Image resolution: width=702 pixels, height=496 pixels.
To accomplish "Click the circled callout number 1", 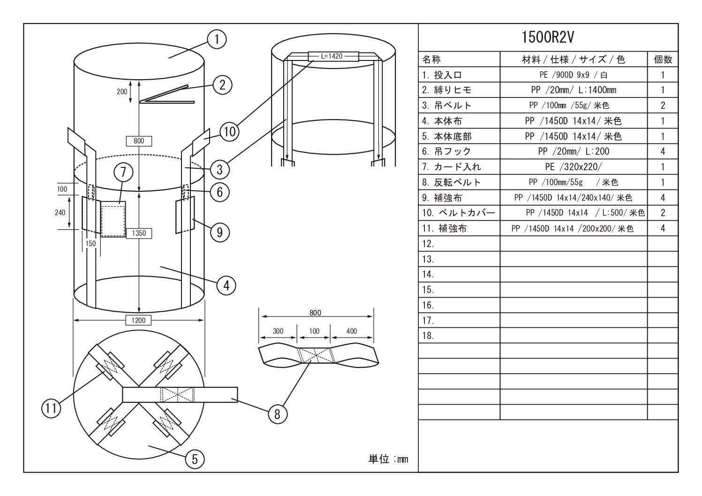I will click(217, 40).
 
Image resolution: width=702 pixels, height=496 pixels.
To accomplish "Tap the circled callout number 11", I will click(51, 408).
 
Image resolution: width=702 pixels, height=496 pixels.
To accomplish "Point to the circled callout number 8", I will click(278, 414).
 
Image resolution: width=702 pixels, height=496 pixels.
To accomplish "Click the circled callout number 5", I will click(195, 459).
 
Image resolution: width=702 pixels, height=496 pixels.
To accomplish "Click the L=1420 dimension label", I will click(332, 56).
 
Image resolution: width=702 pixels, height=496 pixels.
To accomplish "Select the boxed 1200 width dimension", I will click(139, 321).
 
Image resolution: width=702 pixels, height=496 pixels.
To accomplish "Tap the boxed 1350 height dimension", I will click(139, 233).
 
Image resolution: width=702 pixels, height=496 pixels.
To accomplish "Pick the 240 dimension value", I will click(60, 212).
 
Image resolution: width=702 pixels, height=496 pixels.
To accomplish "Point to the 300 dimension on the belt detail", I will click(278, 331).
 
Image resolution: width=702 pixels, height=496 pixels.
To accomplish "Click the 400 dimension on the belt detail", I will click(352, 331).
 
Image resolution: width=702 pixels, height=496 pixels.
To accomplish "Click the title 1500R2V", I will click(548, 37).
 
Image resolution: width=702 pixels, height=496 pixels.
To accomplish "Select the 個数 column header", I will click(663, 60).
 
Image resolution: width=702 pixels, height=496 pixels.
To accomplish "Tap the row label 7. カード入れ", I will click(445, 167).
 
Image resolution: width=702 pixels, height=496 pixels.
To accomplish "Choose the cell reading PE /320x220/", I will click(574, 167).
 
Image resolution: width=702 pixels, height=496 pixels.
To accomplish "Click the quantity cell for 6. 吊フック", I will click(663, 151).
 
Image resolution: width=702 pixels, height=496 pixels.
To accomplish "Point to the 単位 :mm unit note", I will click(388, 459).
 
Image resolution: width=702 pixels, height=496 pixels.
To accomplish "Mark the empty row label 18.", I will click(428, 336).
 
